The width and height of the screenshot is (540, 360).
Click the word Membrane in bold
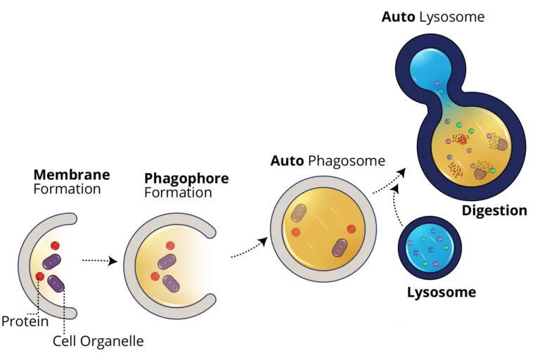pos(72,174)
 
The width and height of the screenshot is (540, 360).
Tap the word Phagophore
pos(186,179)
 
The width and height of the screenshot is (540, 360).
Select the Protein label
pos(25,322)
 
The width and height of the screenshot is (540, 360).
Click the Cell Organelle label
pos(98,342)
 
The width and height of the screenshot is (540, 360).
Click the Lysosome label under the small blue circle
pos(442,292)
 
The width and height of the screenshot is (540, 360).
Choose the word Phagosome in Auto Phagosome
pos(347,161)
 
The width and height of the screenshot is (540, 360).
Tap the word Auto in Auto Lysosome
pos(398,16)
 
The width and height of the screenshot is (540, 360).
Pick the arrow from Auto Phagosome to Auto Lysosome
pos(389,181)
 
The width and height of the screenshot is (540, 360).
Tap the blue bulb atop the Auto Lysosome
pos(431,69)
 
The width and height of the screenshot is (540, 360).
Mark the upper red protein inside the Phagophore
pos(169,245)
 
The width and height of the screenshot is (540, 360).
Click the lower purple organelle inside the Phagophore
pos(171,283)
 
